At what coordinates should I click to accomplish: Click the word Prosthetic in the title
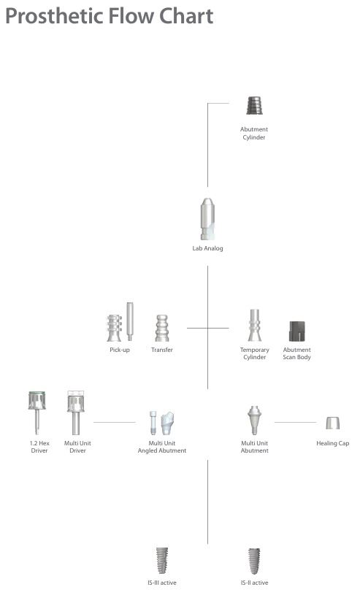coord(54,17)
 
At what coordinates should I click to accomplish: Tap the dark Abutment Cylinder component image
coord(254,105)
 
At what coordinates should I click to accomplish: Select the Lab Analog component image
coord(207,219)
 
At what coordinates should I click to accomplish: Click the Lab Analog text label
coord(207,248)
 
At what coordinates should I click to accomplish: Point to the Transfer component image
coord(162,329)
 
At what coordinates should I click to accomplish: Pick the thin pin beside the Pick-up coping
coord(130,321)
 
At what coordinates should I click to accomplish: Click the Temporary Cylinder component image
coord(254,325)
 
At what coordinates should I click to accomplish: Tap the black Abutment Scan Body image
coord(297,331)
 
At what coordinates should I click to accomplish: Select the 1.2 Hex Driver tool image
coord(37,412)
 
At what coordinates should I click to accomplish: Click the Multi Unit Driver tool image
coord(76,413)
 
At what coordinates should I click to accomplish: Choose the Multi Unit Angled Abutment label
coord(162,447)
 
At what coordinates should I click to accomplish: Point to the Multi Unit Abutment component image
coord(254,421)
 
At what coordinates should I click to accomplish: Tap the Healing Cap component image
coord(333,423)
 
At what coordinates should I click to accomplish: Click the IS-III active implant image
coord(162,561)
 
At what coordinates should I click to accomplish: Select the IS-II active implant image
coord(254,561)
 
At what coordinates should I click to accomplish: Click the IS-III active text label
coord(162,583)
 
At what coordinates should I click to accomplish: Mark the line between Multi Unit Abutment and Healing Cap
coord(296,422)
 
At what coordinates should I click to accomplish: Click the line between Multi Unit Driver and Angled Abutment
coord(115,422)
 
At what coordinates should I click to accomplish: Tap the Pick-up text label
coord(120,350)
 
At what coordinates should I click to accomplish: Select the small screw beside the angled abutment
coord(153,423)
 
